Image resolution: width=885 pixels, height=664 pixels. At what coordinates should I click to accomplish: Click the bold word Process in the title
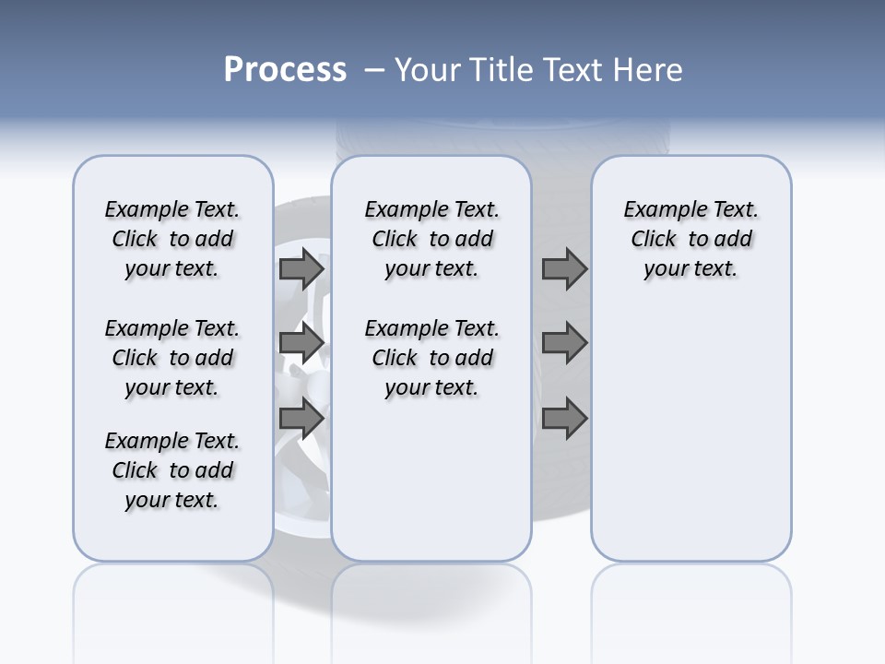(x=285, y=70)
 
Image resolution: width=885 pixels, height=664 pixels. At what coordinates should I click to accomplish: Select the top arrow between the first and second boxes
(x=301, y=268)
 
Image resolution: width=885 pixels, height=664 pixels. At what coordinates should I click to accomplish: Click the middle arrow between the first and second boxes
(x=301, y=343)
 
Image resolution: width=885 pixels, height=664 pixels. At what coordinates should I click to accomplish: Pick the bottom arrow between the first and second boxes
(x=301, y=419)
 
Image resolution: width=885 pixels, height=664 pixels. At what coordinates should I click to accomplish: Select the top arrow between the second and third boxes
(x=564, y=268)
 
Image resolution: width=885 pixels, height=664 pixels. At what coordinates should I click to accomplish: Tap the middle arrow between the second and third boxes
(x=564, y=343)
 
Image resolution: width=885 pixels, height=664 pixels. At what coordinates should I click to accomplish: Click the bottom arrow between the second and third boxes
(x=564, y=419)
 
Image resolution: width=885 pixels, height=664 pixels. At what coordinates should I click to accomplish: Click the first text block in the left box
(x=172, y=239)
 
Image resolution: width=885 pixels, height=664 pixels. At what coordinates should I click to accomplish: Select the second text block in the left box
(x=172, y=358)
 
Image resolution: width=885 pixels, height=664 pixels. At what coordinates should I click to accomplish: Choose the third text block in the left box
(x=172, y=470)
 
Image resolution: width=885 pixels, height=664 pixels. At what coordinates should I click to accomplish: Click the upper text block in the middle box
(x=431, y=239)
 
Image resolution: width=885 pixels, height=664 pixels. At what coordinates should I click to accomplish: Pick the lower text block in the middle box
(x=431, y=358)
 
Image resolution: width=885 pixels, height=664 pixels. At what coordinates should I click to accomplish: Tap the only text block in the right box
(x=690, y=239)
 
